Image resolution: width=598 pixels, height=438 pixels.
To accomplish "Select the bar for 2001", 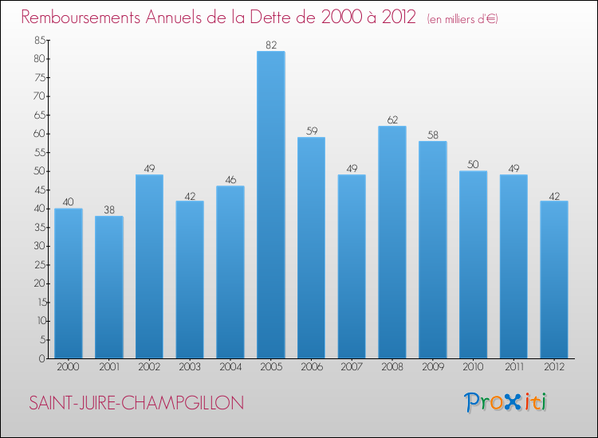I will (x=109, y=287).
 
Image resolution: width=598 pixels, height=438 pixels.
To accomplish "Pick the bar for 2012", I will (x=554, y=280).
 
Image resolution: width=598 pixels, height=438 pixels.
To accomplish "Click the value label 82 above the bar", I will (x=271, y=45).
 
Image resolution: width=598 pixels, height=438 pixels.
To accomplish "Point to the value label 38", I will (x=109, y=210).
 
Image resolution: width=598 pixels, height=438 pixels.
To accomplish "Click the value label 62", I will (x=392, y=120).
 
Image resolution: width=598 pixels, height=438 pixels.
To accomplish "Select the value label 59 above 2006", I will (x=312, y=131).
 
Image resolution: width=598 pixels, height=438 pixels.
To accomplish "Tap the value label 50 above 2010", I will (x=474, y=165).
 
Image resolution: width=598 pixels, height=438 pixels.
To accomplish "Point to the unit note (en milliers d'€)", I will (x=462, y=18).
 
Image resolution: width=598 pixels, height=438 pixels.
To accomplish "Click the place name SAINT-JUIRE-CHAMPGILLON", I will (x=136, y=404).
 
